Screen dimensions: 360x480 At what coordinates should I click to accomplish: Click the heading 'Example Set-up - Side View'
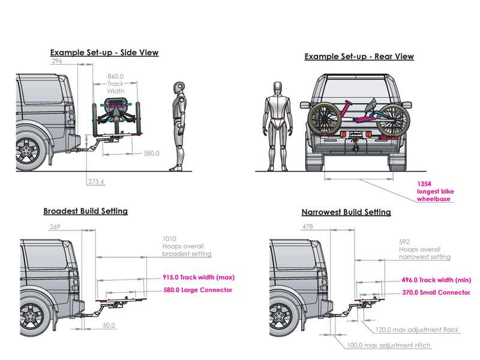coord(104,53)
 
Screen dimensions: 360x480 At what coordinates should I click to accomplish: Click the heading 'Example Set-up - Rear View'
coord(359,56)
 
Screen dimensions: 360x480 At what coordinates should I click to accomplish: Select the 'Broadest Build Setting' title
coord(85,211)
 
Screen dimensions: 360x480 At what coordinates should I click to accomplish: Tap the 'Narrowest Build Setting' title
coord(346,212)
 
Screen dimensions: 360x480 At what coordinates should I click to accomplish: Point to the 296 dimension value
coord(57,61)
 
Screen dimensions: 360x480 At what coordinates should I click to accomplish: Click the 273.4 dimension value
coord(95,181)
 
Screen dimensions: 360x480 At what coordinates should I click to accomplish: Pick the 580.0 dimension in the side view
coord(151,154)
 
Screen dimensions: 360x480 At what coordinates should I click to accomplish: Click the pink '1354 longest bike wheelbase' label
coord(436,191)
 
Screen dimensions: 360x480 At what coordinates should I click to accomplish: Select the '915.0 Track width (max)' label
coord(199,277)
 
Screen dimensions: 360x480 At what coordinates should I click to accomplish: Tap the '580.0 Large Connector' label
coord(197,290)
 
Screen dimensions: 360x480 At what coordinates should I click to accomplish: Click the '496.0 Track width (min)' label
coord(436,280)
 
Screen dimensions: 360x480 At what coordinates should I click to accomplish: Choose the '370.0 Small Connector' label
coord(436,293)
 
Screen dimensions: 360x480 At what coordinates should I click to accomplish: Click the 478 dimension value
coord(307,227)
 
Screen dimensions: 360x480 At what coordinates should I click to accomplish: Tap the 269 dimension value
coord(56,227)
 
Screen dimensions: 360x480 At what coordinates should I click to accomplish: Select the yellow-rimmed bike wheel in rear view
coord(326,119)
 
